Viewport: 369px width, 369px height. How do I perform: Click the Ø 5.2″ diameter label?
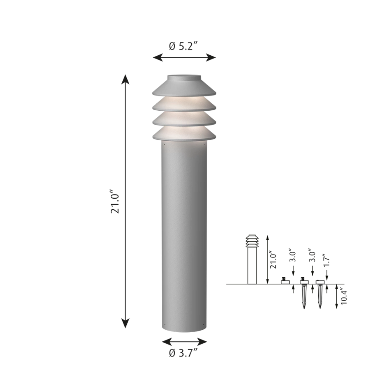184,46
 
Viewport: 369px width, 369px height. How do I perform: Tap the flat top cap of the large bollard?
184,77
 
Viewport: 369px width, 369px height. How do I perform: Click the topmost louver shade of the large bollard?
184,88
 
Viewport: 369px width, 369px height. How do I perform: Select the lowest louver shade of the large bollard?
184,134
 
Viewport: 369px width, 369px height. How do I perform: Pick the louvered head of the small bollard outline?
252,241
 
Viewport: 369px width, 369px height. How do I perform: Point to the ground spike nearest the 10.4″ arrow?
320,295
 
